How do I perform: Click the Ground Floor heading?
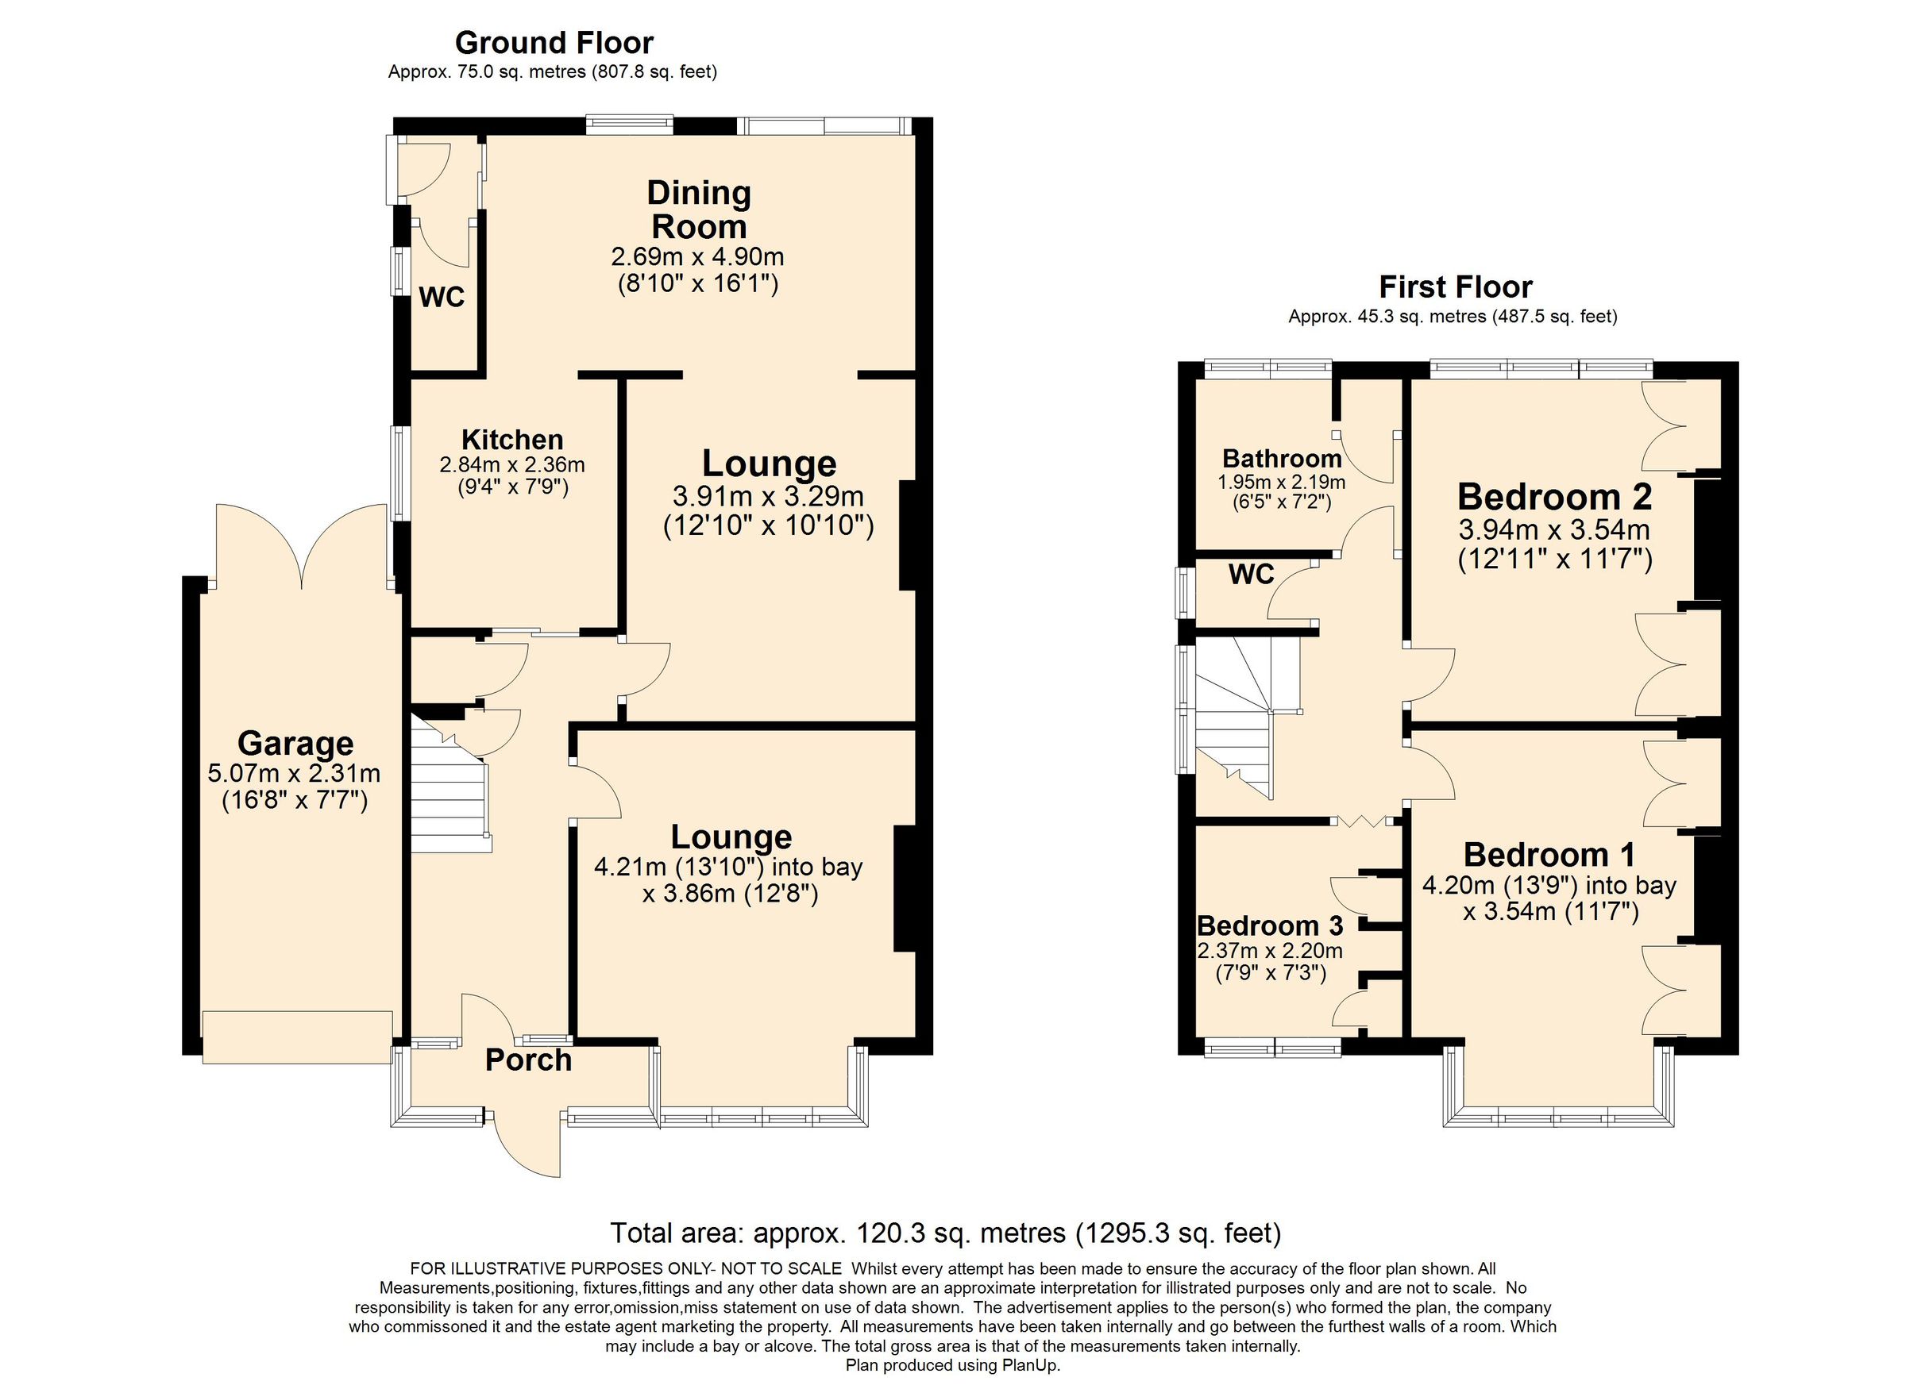[x=553, y=42]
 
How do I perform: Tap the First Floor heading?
[x=1455, y=287]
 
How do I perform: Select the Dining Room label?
[x=698, y=210]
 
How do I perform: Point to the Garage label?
[x=295, y=744]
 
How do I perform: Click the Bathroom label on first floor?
[x=1281, y=459]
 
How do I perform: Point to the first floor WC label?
[x=1252, y=575]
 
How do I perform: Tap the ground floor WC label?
[x=442, y=297]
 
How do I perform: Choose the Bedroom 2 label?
[x=1554, y=496]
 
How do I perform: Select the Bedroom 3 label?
[x=1269, y=925]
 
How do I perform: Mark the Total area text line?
[x=944, y=1232]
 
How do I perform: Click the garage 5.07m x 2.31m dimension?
[x=293, y=773]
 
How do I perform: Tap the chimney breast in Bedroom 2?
[x=1707, y=537]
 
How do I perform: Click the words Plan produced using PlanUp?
[x=952, y=1365]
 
